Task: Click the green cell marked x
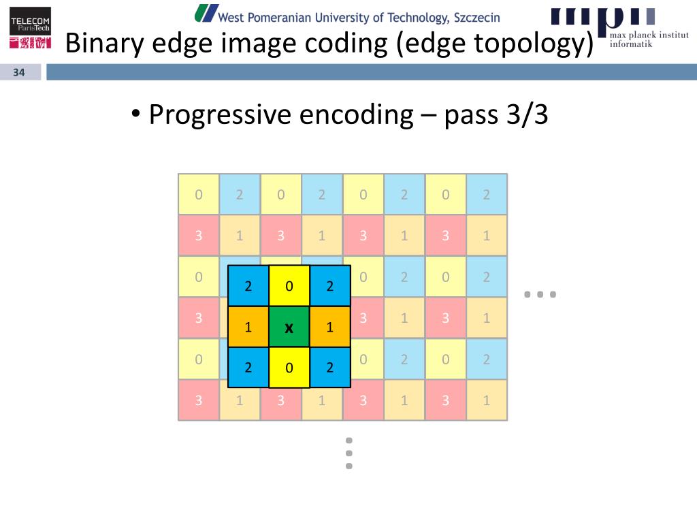(x=289, y=327)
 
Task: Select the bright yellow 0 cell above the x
(x=289, y=286)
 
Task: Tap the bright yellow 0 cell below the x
(x=289, y=368)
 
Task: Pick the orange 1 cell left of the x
(x=248, y=327)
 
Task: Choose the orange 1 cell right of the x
(x=330, y=327)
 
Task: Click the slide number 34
(x=19, y=73)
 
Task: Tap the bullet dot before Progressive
(x=136, y=113)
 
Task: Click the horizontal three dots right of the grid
(x=540, y=295)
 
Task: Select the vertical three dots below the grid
(x=349, y=453)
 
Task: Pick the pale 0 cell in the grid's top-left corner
(x=199, y=195)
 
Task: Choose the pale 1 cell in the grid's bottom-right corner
(x=487, y=400)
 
